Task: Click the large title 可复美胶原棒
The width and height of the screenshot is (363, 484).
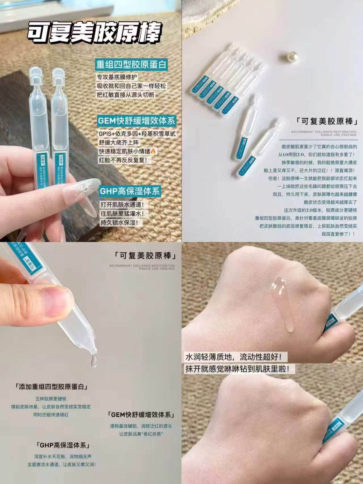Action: click(x=95, y=33)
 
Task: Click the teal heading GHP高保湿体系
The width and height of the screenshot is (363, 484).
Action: click(x=130, y=191)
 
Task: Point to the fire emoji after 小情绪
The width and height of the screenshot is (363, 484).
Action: click(x=153, y=151)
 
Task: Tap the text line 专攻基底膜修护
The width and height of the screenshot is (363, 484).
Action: click(x=117, y=77)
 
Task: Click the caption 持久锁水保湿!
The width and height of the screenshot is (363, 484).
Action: click(x=119, y=222)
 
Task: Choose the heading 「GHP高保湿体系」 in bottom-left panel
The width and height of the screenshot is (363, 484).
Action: click(x=63, y=445)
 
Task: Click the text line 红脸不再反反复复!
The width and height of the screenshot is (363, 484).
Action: click(x=123, y=160)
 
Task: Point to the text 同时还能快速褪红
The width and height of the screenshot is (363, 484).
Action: click(x=51, y=414)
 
